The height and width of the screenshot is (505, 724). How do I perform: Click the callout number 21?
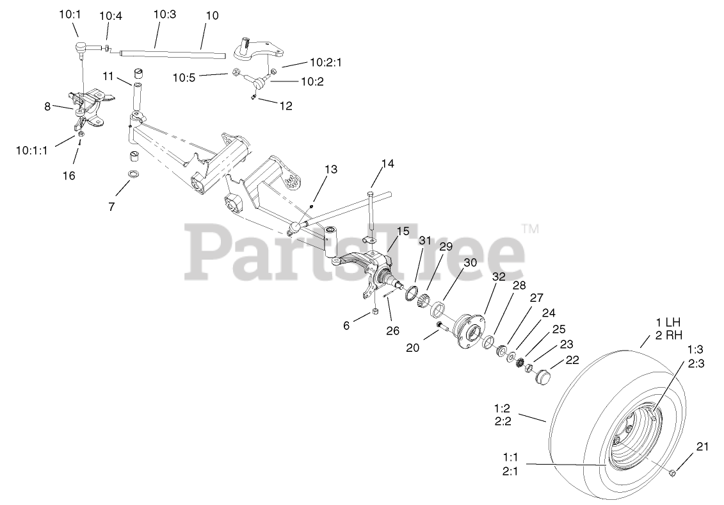coord(702,447)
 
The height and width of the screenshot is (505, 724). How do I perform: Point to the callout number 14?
coord(388,163)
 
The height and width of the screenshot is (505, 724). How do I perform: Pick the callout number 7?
coord(111,206)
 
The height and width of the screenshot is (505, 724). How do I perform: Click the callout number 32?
coord(499,277)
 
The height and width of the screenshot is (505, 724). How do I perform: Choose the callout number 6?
coord(347,325)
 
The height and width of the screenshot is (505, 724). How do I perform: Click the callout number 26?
coord(392,331)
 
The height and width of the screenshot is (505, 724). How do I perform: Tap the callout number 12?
coord(286,106)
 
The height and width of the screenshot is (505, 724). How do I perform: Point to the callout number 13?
coord(330,169)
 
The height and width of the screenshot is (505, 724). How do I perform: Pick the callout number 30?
coord(471,262)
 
